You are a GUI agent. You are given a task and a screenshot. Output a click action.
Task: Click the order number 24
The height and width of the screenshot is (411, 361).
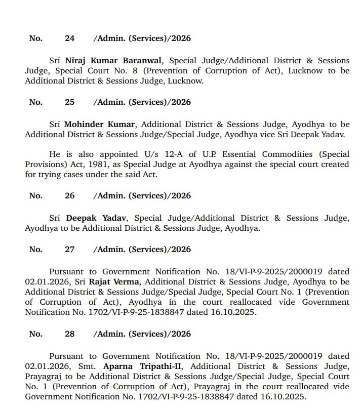(69, 38)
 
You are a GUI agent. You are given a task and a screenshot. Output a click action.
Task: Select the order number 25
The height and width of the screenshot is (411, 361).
(69, 102)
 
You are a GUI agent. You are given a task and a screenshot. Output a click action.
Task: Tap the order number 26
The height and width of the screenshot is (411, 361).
(69, 195)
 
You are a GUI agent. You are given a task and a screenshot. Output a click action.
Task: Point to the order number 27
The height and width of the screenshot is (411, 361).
(69, 249)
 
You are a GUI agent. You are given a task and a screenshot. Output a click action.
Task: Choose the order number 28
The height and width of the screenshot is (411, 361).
(69, 334)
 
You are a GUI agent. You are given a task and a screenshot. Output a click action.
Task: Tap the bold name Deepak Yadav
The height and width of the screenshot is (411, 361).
(97, 218)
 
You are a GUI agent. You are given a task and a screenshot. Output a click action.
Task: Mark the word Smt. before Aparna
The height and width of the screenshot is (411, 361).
(90, 366)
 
